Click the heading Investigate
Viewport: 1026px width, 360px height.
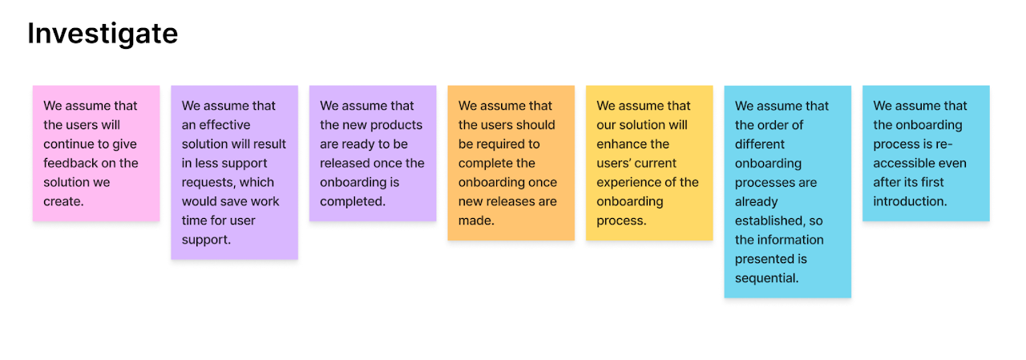click(103, 34)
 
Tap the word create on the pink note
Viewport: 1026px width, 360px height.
click(62, 201)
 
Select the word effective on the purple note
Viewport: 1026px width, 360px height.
click(224, 124)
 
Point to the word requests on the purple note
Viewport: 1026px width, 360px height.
click(208, 183)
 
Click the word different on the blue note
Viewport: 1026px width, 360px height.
click(760, 144)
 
